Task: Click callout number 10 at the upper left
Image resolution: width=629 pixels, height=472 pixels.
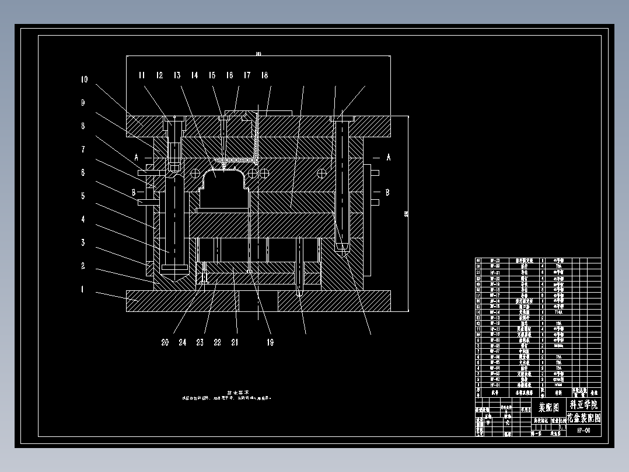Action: click(84, 79)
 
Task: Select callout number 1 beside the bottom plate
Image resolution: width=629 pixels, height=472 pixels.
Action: click(83, 289)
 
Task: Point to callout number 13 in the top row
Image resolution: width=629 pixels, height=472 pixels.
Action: click(177, 75)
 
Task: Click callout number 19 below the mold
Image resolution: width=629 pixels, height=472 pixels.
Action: click(270, 343)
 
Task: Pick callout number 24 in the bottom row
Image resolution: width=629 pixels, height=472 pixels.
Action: click(183, 343)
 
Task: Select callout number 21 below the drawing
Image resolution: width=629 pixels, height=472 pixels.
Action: click(235, 343)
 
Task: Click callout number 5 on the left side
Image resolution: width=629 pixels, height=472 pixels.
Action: click(83, 196)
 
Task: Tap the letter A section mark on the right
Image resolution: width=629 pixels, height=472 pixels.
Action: click(387, 157)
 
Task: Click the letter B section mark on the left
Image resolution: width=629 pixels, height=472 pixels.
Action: click(134, 192)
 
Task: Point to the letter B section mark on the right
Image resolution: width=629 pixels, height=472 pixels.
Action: click(387, 192)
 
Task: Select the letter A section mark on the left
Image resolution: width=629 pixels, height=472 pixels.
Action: click(137, 157)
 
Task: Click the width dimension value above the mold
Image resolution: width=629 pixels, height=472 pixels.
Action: click(258, 54)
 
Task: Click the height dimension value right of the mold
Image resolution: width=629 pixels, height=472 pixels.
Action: click(405, 214)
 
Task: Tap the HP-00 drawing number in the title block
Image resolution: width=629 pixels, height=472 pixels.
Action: click(583, 430)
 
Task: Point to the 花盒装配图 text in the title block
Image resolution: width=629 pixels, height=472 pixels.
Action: click(583, 418)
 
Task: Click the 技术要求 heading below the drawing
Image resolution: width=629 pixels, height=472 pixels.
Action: click(238, 393)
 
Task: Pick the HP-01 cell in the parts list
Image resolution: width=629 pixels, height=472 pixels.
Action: click(495, 385)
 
